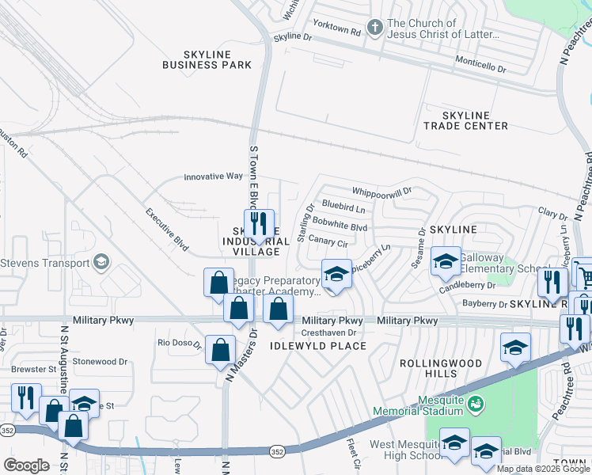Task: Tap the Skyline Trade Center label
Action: click(x=465, y=120)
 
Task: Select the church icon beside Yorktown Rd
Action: click(x=374, y=28)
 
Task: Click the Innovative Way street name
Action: click(x=213, y=177)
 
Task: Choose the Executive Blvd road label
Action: click(x=166, y=230)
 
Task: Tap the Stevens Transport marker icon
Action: click(x=101, y=261)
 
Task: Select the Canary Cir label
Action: click(x=328, y=241)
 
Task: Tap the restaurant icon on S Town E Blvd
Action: click(x=259, y=225)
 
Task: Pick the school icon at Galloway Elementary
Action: click(x=446, y=260)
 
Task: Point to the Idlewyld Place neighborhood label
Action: click(x=319, y=346)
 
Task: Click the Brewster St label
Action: click(x=33, y=369)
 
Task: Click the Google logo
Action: click(x=26, y=465)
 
